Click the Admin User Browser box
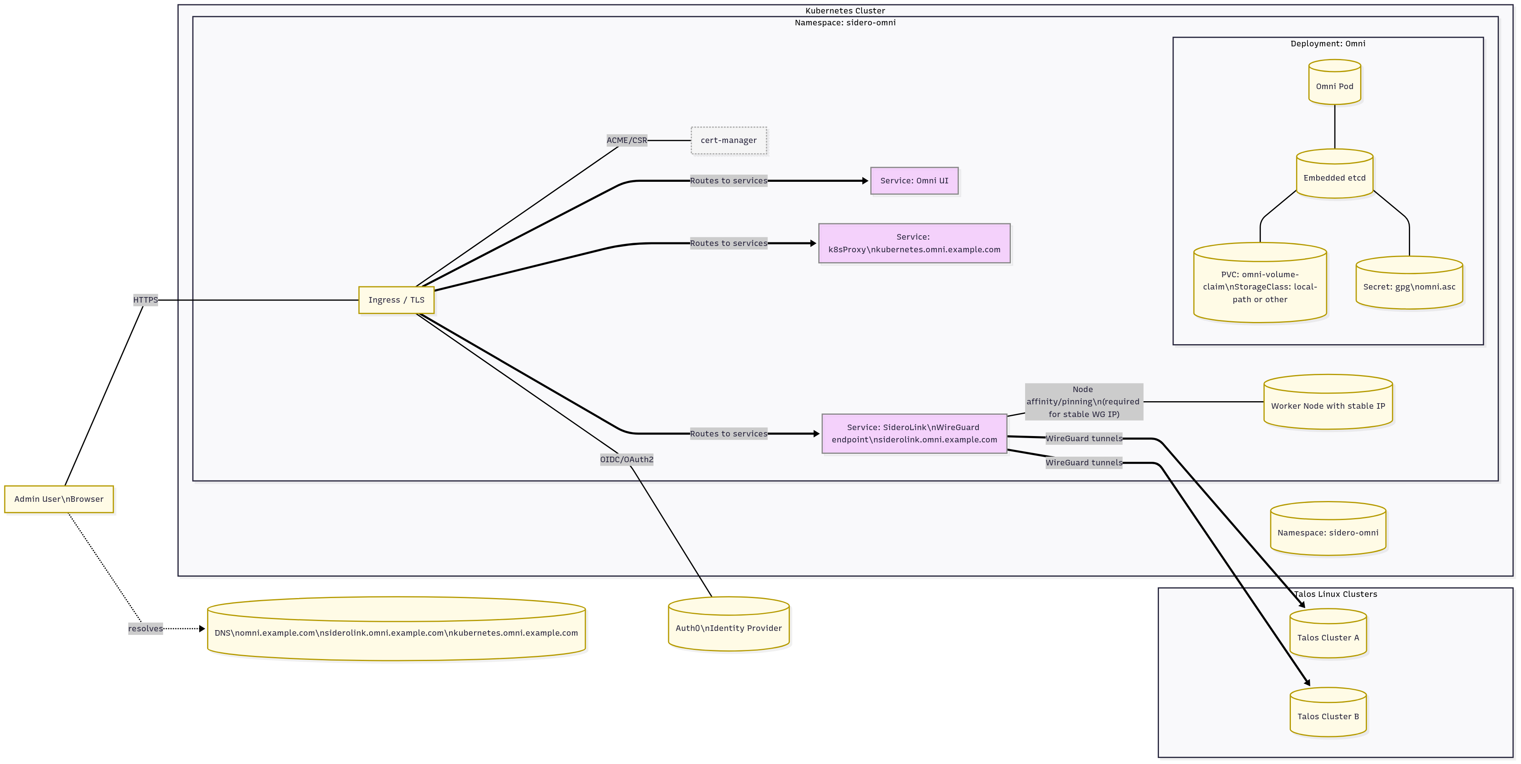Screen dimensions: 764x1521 (59, 499)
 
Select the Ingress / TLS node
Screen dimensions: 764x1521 (396, 300)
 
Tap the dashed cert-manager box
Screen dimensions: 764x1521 (729, 141)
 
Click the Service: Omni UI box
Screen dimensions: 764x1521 (914, 181)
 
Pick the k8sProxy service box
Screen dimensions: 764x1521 (914, 243)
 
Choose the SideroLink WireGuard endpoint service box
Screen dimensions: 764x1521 (914, 433)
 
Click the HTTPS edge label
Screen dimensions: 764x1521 (145, 300)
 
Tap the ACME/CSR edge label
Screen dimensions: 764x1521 (627, 141)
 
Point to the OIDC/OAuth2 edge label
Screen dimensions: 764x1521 (627, 459)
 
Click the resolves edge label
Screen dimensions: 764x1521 (145, 628)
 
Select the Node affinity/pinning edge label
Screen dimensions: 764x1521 (1083, 402)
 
